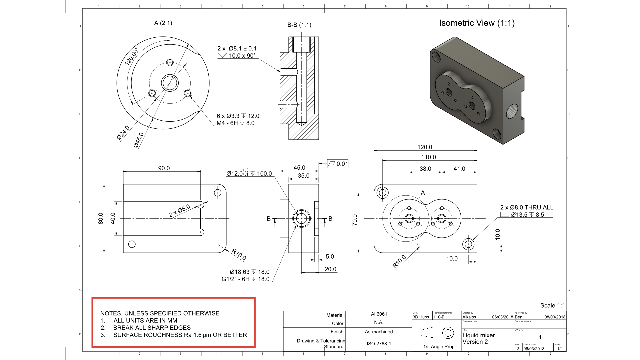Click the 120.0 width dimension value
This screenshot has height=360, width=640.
[x=424, y=147]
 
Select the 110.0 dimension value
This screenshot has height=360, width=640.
[x=428, y=157]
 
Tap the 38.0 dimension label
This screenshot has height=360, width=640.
[x=425, y=169]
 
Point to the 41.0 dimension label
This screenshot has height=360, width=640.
[x=459, y=169]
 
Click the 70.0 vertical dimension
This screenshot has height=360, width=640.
[x=355, y=220]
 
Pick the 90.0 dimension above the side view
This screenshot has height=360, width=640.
[x=164, y=168]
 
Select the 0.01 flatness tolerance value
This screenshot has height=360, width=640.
[x=342, y=164]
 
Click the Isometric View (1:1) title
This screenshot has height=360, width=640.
[x=477, y=23]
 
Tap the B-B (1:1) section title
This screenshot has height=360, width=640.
[x=299, y=25]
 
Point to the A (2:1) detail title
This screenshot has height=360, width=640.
[x=163, y=23]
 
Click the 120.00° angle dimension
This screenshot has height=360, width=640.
[x=131, y=56]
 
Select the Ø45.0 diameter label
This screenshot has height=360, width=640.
[x=138, y=140]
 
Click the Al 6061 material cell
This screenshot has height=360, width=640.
[x=379, y=314]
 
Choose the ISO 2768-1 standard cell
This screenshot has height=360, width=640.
[x=379, y=343]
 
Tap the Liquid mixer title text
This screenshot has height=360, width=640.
[x=478, y=335]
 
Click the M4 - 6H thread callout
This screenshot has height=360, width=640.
[x=235, y=123]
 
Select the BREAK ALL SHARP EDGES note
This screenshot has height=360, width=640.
[x=152, y=328]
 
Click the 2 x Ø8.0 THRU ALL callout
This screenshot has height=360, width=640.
[x=527, y=207]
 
